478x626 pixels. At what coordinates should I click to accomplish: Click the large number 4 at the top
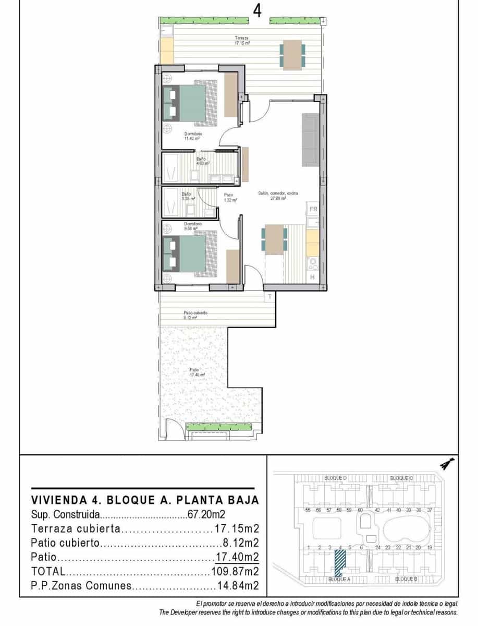coord(256,10)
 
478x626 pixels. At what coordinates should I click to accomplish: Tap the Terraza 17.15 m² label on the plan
coord(242,41)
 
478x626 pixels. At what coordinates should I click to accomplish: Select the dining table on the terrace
coord(292,55)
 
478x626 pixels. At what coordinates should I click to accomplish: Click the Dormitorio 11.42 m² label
coord(193,136)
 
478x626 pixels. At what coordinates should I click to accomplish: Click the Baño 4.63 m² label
coord(202,161)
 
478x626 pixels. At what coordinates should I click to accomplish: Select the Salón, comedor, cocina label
coord(278,195)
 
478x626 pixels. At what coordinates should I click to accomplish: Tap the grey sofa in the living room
coord(311,139)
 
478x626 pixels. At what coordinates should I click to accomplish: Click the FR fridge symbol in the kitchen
coord(313,209)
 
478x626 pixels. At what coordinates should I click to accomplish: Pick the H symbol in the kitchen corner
coord(312,277)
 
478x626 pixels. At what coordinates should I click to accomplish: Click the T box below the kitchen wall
coord(269,297)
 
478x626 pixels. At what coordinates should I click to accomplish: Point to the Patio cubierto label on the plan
coord(195,315)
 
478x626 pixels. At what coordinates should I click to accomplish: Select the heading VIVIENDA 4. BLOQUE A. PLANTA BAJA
coord(145,500)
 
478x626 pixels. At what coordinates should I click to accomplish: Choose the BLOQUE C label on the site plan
coord(401,478)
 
